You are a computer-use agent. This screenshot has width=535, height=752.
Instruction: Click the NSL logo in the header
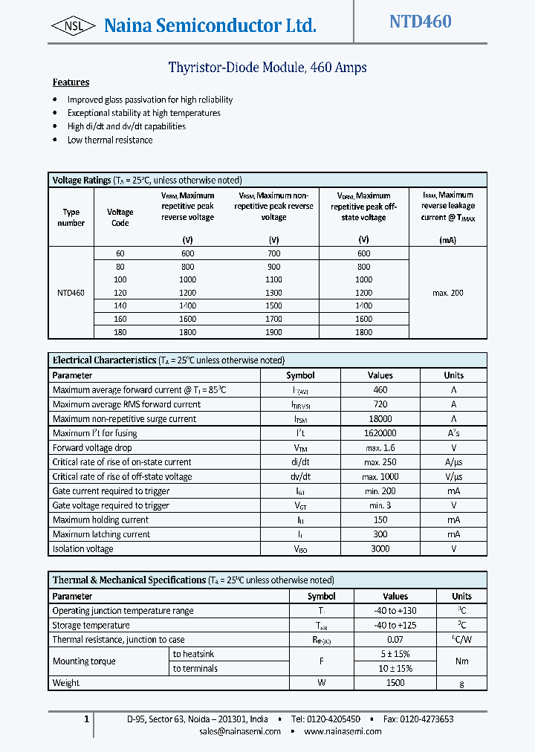[73, 27]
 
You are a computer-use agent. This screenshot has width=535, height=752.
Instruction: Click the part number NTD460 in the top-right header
[420, 22]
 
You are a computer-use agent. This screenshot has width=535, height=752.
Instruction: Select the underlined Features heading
[71, 82]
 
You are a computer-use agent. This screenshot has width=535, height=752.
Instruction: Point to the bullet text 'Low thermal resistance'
[110, 140]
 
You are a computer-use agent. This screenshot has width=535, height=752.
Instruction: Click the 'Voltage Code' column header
[120, 218]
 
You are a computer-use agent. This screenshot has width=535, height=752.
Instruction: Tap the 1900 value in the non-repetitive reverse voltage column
[273, 332]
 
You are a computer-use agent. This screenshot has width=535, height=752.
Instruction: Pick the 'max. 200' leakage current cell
[447, 293]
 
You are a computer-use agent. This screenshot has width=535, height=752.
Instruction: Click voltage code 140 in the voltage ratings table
[120, 305]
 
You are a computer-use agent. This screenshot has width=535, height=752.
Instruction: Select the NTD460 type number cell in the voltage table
[71, 293]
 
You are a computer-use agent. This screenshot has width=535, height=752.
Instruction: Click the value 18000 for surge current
[380, 419]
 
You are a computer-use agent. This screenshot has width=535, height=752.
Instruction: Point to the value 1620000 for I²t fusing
[380, 433]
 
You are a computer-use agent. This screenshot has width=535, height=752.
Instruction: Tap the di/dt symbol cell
[300, 462]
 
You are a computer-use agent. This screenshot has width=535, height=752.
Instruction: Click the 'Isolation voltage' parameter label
[83, 549]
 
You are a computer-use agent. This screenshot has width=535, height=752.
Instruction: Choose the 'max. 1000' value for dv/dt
[380, 477]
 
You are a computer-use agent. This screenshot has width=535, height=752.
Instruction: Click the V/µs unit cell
[453, 477]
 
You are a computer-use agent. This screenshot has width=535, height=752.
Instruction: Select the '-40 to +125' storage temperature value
[395, 626]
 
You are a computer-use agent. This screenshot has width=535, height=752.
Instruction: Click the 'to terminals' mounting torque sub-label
[195, 669]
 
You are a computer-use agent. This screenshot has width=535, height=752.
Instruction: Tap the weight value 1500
[395, 683]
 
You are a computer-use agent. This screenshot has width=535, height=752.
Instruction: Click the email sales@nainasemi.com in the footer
[240, 731]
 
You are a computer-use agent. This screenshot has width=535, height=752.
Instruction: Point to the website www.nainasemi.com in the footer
[343, 731]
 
